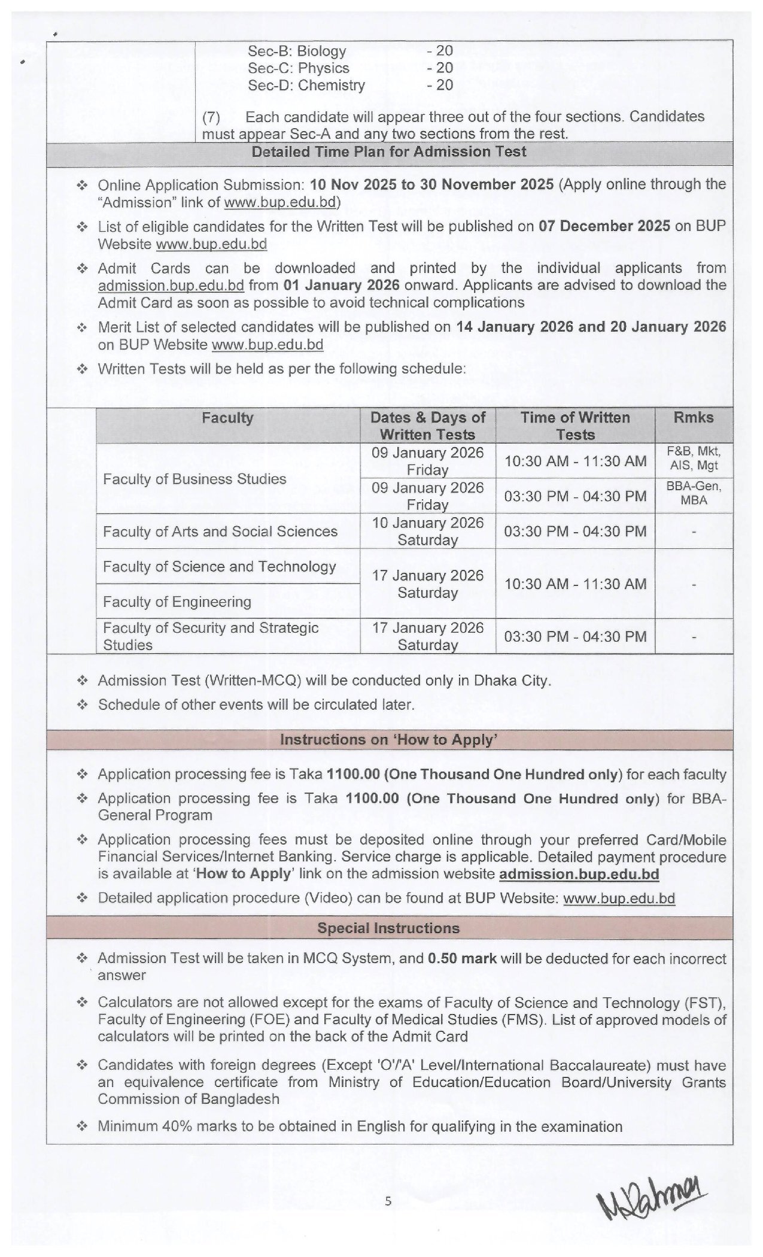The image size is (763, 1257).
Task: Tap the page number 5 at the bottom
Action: pyautogui.click(x=388, y=1201)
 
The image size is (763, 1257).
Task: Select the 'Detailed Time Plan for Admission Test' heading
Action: pyautogui.click(x=389, y=151)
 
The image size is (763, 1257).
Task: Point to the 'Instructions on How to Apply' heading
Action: pyautogui.click(x=389, y=740)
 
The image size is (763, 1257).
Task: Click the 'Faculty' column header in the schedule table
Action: pyautogui.click(x=227, y=418)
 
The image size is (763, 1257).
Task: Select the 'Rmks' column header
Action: pyautogui.click(x=694, y=418)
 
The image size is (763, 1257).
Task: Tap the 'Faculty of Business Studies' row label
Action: pyautogui.click(x=194, y=479)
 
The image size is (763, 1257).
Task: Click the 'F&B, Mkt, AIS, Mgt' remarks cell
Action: pyautogui.click(x=694, y=459)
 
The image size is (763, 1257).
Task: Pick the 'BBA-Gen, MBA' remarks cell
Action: pyautogui.click(x=694, y=493)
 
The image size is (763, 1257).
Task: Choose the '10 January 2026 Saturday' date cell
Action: pyautogui.click(x=427, y=532)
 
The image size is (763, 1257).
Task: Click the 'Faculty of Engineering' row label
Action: pyautogui.click(x=177, y=602)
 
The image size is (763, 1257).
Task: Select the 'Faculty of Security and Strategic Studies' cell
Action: pyautogui.click(x=211, y=636)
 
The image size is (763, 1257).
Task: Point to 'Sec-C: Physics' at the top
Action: pyautogui.click(x=299, y=68)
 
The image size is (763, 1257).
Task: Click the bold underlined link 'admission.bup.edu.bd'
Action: pyautogui.click(x=579, y=874)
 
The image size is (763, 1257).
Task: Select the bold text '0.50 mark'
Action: pyautogui.click(x=463, y=958)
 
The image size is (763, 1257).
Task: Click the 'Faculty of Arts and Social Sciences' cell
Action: pyautogui.click(x=220, y=532)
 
